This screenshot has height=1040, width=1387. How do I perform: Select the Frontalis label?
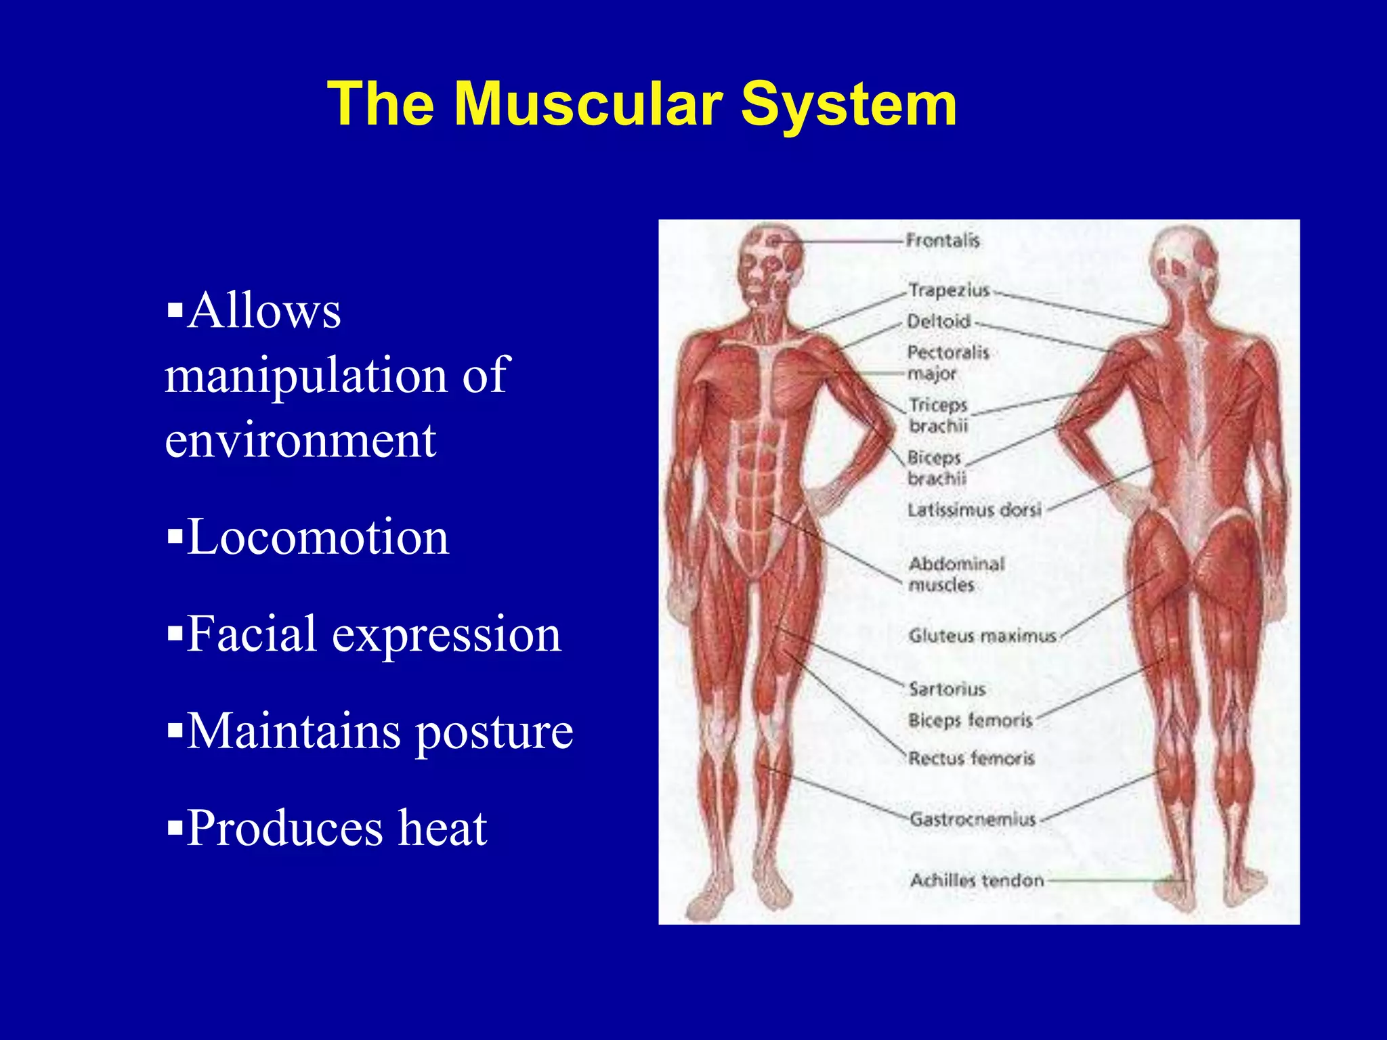943,240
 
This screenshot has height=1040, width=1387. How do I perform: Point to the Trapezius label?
949,290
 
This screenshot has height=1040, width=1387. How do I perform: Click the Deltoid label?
939,322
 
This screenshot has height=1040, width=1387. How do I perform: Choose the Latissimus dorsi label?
974,510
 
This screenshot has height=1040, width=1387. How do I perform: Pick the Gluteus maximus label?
982,636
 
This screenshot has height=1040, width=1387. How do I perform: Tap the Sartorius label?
947,689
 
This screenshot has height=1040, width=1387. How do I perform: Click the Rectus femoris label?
971,758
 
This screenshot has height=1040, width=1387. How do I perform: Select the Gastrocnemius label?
973,819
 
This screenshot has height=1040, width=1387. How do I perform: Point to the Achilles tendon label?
977,880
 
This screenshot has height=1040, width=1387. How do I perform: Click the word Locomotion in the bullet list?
318,538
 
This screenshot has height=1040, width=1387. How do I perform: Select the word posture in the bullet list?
494,733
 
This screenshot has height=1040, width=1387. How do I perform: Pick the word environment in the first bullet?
300,441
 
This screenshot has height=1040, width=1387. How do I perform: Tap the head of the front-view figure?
770,261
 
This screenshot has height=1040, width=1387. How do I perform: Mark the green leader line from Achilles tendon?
1111,881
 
